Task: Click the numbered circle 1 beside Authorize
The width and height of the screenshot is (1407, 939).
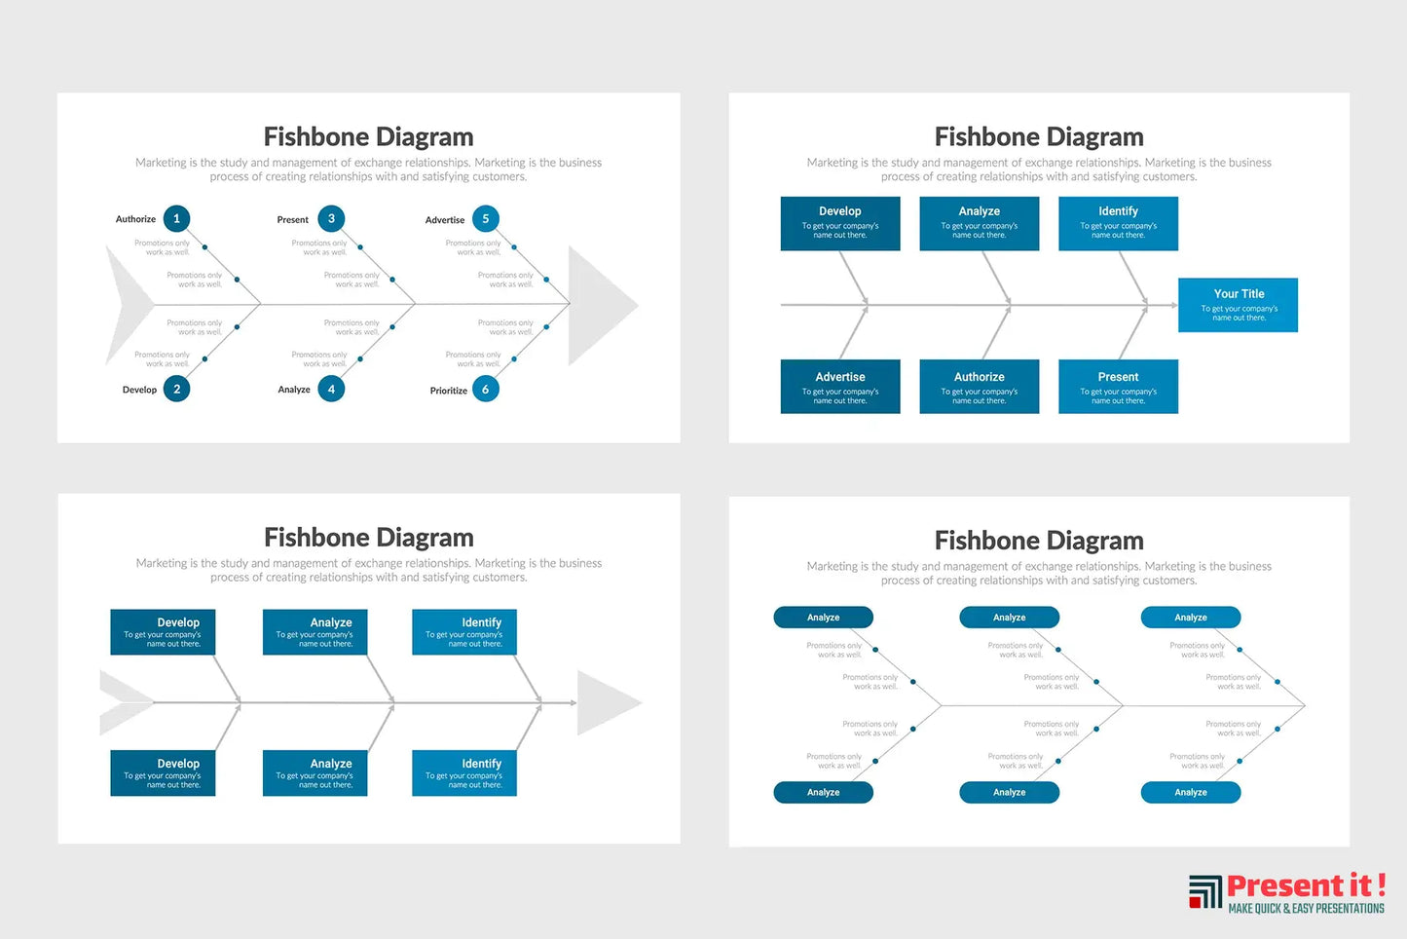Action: (176, 219)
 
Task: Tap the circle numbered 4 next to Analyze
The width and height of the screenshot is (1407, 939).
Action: (331, 390)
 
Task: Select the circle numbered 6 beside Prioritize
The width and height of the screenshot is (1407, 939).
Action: (486, 390)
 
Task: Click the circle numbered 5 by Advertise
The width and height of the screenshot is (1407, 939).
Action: (486, 219)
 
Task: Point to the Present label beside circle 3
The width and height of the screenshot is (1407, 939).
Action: (292, 220)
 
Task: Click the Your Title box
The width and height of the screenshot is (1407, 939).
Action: (1238, 305)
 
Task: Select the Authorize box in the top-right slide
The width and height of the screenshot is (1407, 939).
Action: (979, 387)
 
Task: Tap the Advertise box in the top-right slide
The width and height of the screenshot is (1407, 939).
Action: (839, 387)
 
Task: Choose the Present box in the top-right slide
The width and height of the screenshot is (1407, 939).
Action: (1118, 387)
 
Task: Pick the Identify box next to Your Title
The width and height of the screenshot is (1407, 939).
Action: (1118, 223)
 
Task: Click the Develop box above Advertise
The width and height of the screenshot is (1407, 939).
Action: (839, 223)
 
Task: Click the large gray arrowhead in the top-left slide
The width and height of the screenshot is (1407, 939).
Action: (598, 306)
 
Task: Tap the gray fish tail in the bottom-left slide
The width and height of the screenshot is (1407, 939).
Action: (124, 702)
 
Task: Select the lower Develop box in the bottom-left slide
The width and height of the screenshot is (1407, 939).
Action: (163, 772)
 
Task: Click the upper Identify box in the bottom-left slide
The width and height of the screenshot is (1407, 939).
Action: (464, 631)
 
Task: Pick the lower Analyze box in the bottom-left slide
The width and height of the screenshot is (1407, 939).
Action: (315, 772)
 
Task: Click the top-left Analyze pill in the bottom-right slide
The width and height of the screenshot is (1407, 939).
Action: (823, 618)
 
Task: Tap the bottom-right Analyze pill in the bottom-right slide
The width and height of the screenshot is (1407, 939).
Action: (1190, 793)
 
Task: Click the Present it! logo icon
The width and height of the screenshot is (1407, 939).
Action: (1204, 891)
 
